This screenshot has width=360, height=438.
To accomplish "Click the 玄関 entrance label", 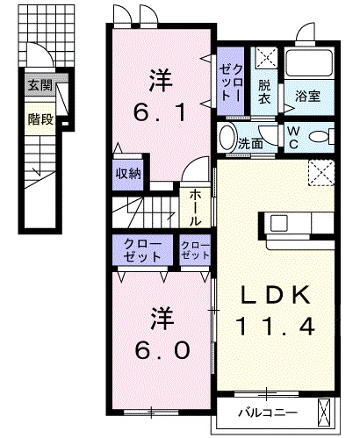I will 40,85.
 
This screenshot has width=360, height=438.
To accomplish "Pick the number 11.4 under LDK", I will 277,326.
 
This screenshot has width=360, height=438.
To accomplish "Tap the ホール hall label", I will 191,206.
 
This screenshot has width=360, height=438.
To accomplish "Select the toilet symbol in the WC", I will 325,136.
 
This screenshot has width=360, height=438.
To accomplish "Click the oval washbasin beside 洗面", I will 228,139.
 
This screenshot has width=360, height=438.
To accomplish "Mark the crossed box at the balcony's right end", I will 327,410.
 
